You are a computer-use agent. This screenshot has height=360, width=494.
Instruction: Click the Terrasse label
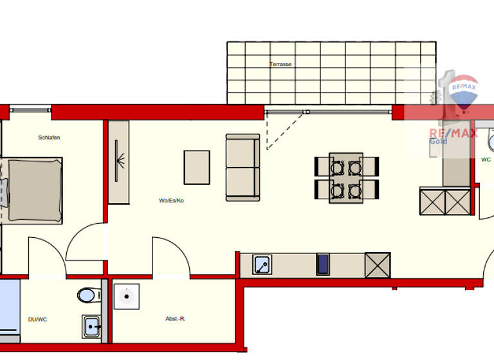[280, 65]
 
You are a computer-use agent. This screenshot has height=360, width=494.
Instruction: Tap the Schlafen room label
[49, 138]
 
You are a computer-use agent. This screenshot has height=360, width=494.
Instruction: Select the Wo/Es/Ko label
[172, 201]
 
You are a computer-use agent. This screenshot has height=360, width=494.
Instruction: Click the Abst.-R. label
[176, 319]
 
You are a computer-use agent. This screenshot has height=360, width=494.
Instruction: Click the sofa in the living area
[242, 167]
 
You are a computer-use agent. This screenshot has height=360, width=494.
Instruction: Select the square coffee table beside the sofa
[197, 167]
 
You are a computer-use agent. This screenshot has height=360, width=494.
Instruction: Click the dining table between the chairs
[345, 177]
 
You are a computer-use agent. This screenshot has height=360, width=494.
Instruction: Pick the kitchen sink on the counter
[262, 264]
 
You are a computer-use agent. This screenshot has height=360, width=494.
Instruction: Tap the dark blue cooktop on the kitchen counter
[323, 264]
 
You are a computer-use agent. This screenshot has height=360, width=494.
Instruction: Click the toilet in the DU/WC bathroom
[87, 295]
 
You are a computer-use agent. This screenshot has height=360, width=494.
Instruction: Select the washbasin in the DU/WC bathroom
[92, 326]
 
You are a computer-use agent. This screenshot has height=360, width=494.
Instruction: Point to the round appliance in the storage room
[127, 296]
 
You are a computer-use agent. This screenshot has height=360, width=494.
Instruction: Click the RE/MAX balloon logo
[463, 95]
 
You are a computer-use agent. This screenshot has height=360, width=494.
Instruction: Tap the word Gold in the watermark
[438, 141]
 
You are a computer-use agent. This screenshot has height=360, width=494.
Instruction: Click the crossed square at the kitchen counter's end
[378, 264]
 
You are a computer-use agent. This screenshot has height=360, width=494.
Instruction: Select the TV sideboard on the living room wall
[119, 162]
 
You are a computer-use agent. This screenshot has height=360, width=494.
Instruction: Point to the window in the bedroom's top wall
[30, 109]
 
